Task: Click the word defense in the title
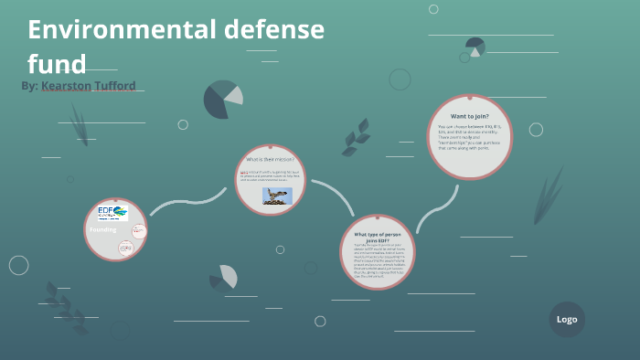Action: click(274, 30)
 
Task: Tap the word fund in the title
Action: click(57, 64)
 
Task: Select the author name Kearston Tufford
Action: click(94, 85)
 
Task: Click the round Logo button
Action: click(567, 319)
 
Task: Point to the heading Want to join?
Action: click(469, 116)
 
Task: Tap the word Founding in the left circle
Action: click(101, 230)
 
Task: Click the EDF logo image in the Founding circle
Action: click(112, 213)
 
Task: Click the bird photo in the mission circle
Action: click(276, 196)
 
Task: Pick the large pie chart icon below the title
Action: click(222, 100)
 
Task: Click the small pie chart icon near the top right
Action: click(475, 46)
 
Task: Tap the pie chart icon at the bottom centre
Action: click(224, 277)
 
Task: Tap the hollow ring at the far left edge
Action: click(19, 265)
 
